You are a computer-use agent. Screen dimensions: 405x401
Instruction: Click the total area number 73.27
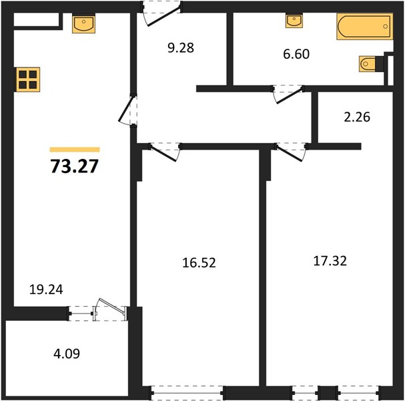[x=74, y=166]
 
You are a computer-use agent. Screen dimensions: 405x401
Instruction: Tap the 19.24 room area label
[x=46, y=289]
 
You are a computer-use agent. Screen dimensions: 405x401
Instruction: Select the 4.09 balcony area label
[x=67, y=354]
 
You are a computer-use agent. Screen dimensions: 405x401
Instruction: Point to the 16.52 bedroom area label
[x=199, y=263]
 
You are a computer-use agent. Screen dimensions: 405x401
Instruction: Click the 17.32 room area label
[x=330, y=261]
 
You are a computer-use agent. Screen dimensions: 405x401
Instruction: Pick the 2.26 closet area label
[x=357, y=117]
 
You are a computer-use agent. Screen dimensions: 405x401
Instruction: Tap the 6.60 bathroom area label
[x=296, y=54]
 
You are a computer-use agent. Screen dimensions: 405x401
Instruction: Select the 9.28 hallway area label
[x=181, y=47]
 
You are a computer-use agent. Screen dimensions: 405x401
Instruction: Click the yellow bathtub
[x=365, y=26]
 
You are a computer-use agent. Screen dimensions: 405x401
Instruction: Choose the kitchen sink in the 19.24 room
[x=83, y=24]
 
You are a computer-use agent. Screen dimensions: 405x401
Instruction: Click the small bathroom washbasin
[x=294, y=21]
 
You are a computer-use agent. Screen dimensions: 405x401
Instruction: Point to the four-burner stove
[x=28, y=80]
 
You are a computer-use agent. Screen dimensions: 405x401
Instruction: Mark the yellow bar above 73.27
[x=75, y=150]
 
